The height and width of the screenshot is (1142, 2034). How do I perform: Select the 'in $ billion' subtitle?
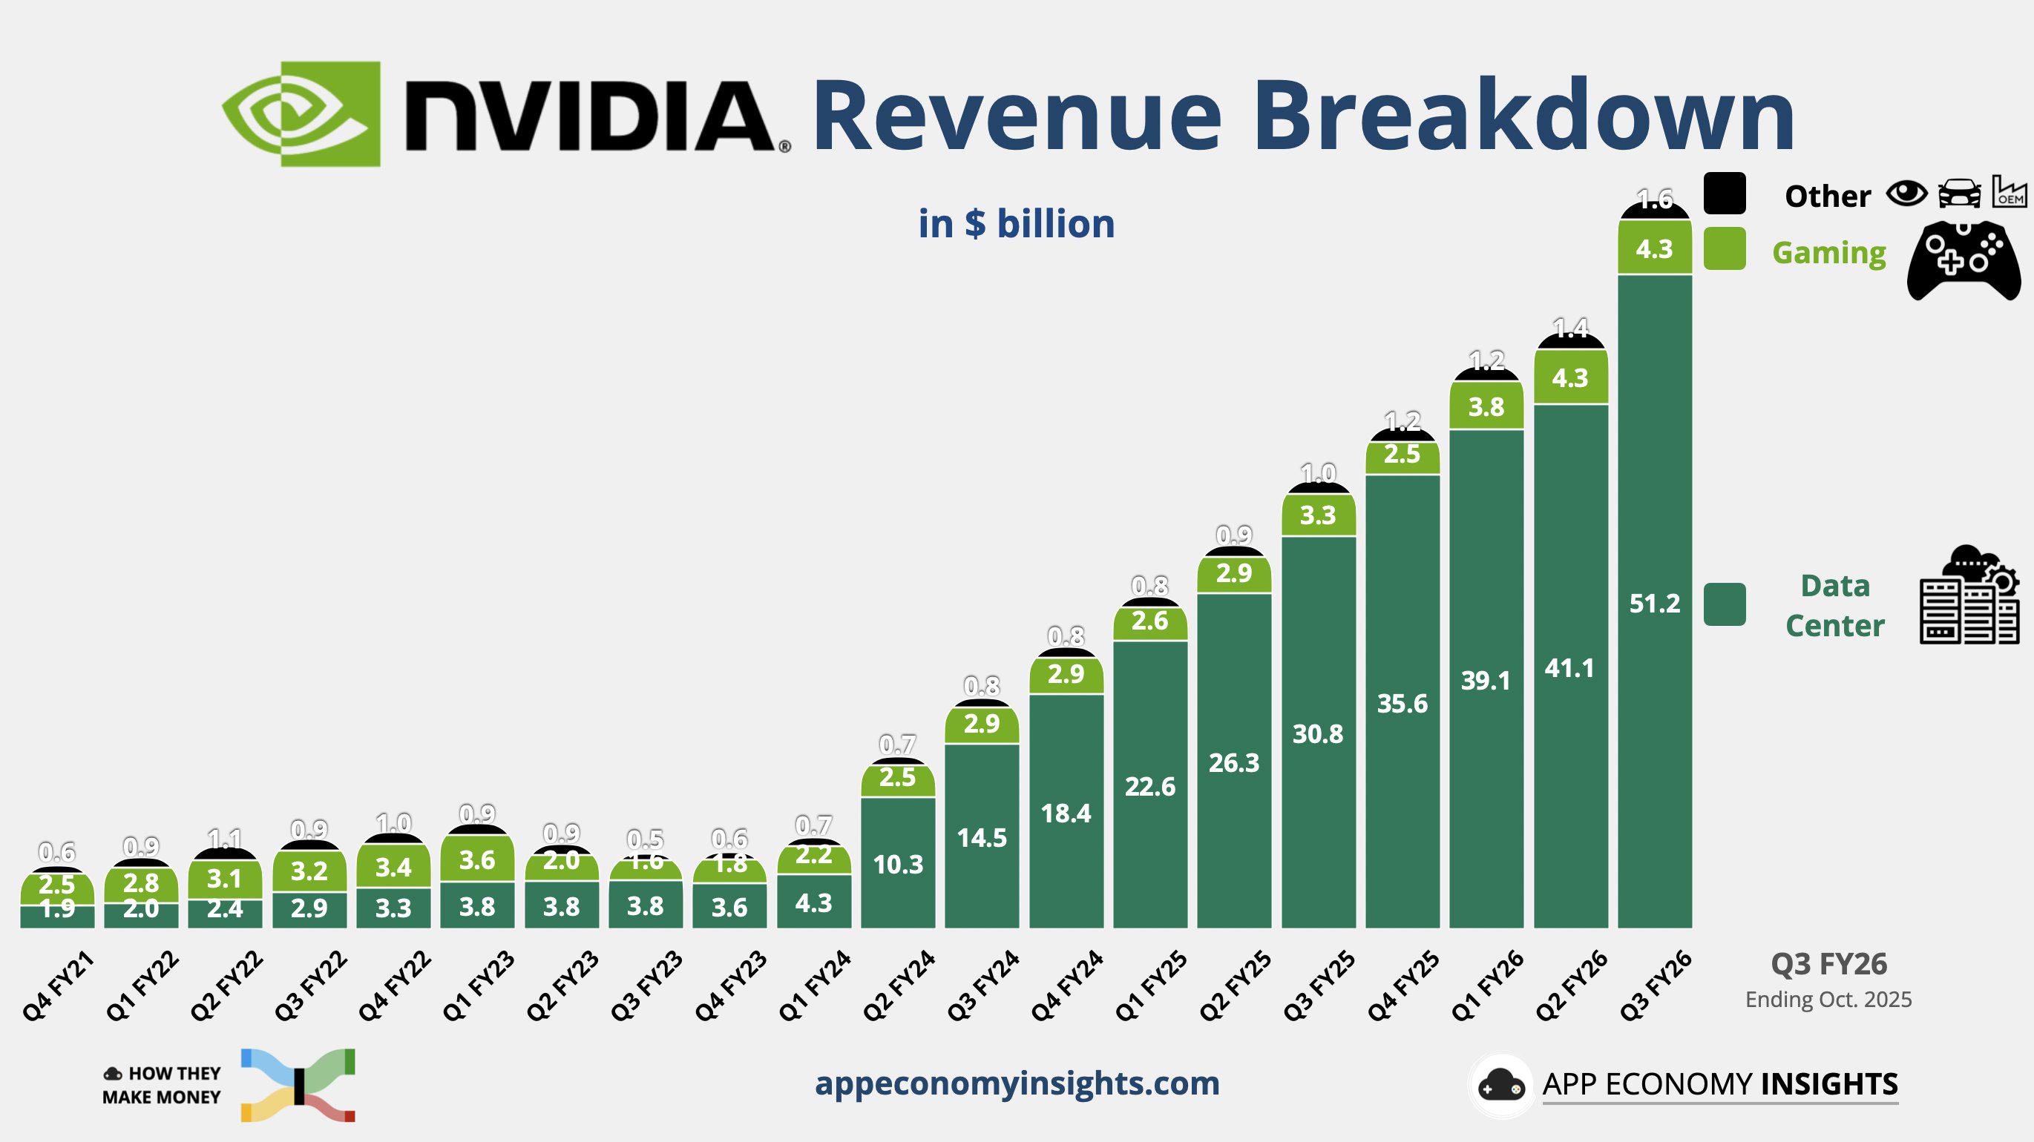[1016, 223]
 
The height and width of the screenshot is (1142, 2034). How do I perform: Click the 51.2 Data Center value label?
[1654, 604]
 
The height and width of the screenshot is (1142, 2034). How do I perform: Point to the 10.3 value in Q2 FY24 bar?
[898, 864]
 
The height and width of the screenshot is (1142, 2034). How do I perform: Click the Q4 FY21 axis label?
[58, 986]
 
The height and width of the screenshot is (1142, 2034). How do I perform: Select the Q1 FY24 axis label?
[814, 986]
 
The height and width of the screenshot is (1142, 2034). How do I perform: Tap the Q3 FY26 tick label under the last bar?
[1656, 986]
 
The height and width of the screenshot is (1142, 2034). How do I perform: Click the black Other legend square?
[1725, 194]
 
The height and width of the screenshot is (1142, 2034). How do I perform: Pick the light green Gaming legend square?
[1725, 248]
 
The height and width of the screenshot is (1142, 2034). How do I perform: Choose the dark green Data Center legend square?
[1725, 604]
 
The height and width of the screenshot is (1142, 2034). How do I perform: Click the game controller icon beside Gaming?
[1964, 260]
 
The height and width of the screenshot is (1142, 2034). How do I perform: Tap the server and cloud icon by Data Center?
[1969, 596]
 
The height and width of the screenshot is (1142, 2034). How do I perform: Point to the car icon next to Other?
[1959, 194]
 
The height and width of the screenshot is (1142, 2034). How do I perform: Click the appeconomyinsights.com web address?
[1017, 1083]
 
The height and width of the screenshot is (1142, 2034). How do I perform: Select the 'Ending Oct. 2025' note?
[1828, 1000]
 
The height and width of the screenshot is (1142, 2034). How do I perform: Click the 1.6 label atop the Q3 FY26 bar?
[1654, 199]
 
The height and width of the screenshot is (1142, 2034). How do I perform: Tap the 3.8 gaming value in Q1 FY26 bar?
[1486, 407]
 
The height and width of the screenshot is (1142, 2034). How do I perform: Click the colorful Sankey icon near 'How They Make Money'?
[298, 1085]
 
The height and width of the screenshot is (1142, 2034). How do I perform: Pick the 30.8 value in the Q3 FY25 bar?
[1317, 734]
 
